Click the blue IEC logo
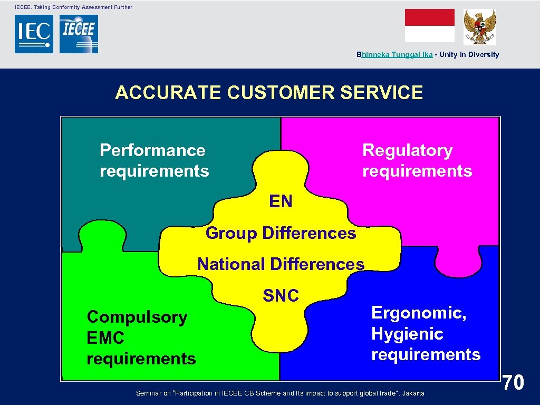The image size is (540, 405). pos(34,34)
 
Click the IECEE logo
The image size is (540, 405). pos(79,34)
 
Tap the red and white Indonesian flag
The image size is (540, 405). pos(429,25)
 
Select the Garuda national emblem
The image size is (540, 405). pos(479,26)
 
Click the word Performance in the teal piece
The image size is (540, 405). pos(152,150)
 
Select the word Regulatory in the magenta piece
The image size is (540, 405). pos(407,150)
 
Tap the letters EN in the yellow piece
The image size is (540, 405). pos(281,201)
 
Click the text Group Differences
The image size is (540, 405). pos(281,233)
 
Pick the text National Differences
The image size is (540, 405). pos(281,264)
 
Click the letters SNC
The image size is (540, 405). pos(281,296)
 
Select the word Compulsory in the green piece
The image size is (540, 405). pos(137,317)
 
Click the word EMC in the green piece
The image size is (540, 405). pos(105,338)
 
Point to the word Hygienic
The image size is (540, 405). pos(407,334)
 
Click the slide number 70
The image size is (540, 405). pos(513,382)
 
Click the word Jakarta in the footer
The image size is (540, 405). pos(412,393)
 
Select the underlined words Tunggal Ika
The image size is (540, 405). pos(412,54)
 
